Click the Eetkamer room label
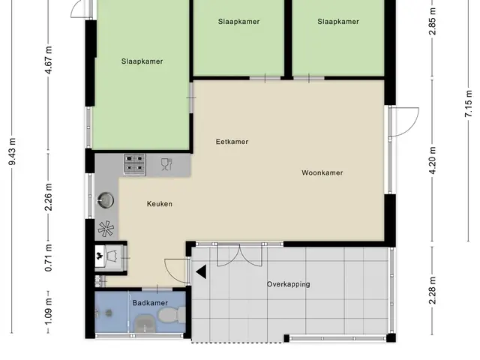pos(232,142)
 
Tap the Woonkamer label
pos(322,172)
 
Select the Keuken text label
pos(160,204)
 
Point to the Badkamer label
pos(150,303)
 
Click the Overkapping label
pos(288,284)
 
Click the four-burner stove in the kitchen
pos(134,164)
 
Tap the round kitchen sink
pos(105,200)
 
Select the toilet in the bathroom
pos(171,315)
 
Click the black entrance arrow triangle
pos(201,271)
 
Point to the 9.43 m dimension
pos(12,151)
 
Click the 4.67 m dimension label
pos(48,60)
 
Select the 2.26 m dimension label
pos(48,197)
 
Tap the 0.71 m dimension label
pos(48,258)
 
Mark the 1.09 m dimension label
pos(48,312)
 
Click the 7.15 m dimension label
pos(468,103)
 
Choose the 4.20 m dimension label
pos(432,160)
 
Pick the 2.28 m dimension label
pos(432,290)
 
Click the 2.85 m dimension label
pos(432,22)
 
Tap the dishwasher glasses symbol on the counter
pos(166,164)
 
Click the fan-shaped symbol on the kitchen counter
pos(106,228)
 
